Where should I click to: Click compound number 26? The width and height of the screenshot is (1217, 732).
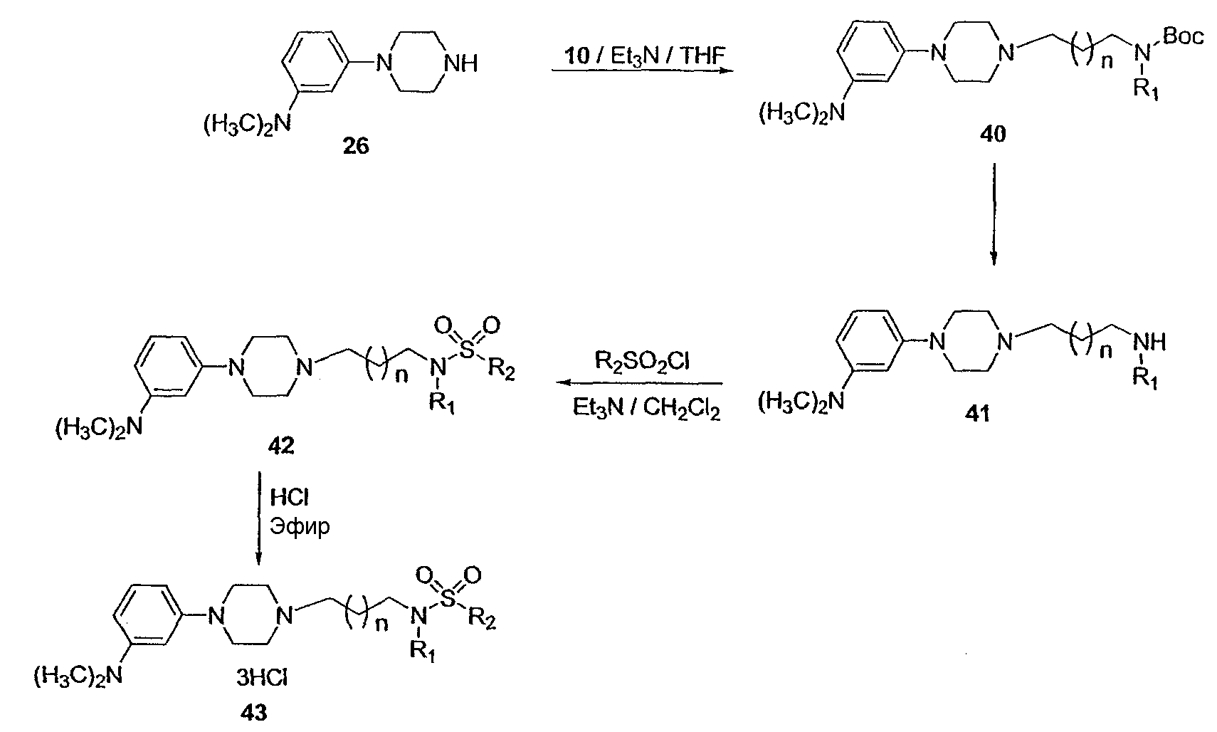tap(356, 147)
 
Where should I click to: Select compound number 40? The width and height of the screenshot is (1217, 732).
tap(994, 133)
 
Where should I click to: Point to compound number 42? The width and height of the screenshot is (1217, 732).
tap(276, 446)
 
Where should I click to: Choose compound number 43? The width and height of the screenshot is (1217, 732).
tap(254, 713)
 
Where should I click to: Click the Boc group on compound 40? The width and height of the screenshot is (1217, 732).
tap(1183, 36)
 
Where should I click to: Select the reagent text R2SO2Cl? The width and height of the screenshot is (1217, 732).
tap(643, 362)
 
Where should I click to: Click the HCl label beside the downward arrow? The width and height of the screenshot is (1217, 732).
tap(289, 496)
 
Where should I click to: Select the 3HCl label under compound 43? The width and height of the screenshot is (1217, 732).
tap(261, 679)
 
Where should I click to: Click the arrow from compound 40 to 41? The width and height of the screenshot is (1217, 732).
tap(994, 214)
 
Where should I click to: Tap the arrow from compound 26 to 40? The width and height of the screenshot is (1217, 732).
tap(642, 71)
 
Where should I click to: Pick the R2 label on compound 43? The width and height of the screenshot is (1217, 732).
tap(482, 620)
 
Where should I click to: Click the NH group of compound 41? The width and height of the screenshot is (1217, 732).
tap(1149, 343)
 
